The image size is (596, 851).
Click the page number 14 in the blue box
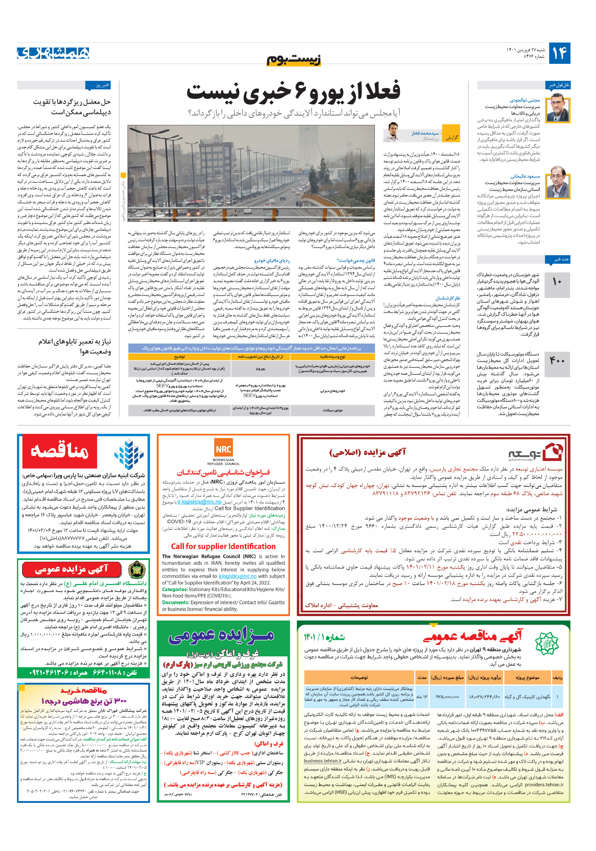click(x=559, y=53)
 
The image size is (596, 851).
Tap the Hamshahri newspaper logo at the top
click(x=53, y=53)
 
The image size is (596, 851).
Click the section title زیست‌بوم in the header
click(x=294, y=59)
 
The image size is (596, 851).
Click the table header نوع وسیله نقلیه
click(x=332, y=357)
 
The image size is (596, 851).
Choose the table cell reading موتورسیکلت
click(x=332, y=410)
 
